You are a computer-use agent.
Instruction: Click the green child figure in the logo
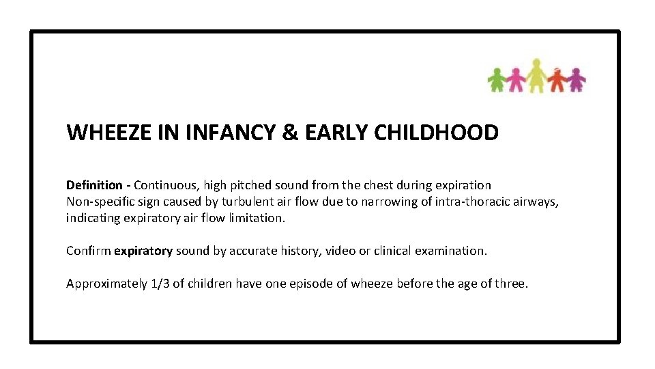pos(497,79)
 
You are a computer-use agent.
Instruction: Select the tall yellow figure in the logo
pos(537,75)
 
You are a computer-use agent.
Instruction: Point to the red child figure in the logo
pos(557,79)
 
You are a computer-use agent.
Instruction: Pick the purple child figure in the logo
pos(577,79)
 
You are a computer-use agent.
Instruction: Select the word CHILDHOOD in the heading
pos(436,133)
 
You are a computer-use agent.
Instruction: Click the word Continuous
pos(164,185)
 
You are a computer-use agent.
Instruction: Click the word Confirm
pos(88,251)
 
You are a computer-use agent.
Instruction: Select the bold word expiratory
pos(143,251)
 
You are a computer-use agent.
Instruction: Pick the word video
pos(340,251)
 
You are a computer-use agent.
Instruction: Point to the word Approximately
pos(106,284)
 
